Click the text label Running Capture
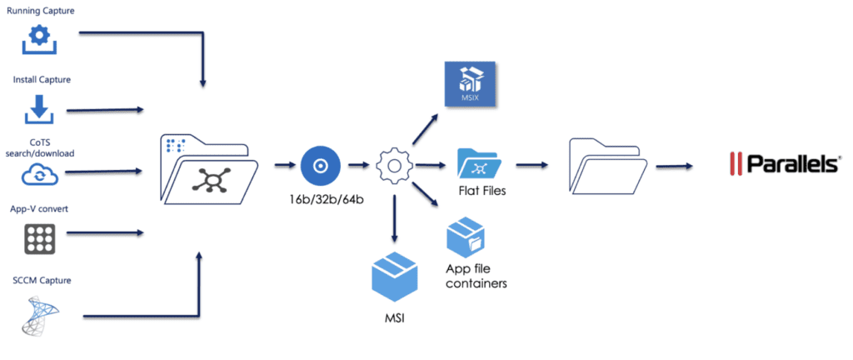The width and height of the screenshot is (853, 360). (40, 12)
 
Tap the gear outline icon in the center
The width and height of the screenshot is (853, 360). (394, 167)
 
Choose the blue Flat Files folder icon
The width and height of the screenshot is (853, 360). (478, 166)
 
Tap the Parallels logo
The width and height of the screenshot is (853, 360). (782, 164)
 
